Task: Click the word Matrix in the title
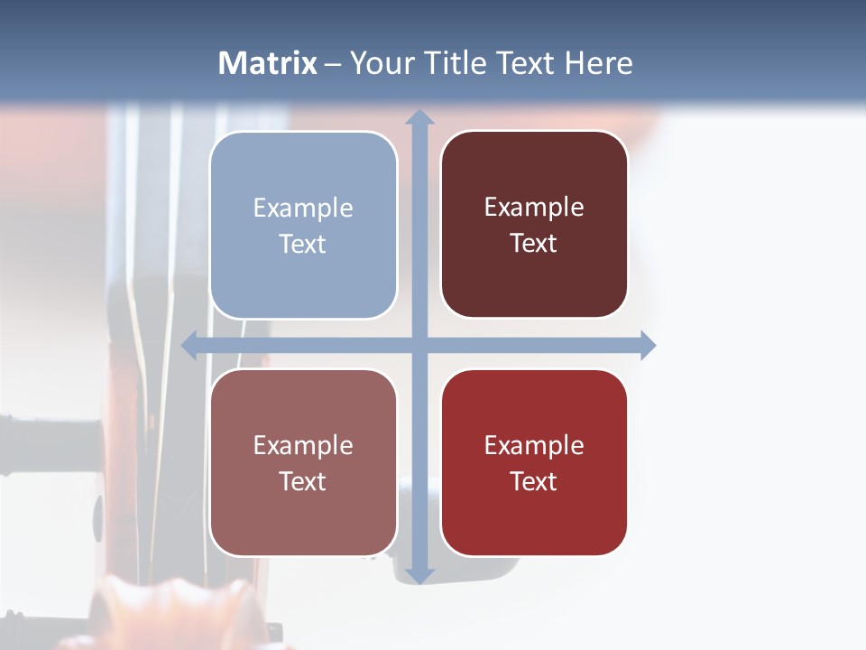pos(267,63)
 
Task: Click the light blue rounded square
pos(303,225)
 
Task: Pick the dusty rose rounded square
pos(303,463)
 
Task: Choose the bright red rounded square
pos(534,463)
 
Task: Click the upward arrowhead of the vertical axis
pos(419,116)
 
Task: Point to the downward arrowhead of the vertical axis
pos(419,575)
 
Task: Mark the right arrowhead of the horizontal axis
pos(648,346)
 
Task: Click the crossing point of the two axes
pos(419,346)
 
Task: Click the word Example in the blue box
pos(303,208)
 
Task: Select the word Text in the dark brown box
pos(533,243)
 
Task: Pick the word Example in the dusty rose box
pos(303,445)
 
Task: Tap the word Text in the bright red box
pos(533,481)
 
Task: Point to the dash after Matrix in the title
pos(333,64)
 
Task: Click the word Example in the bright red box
pos(534,445)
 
